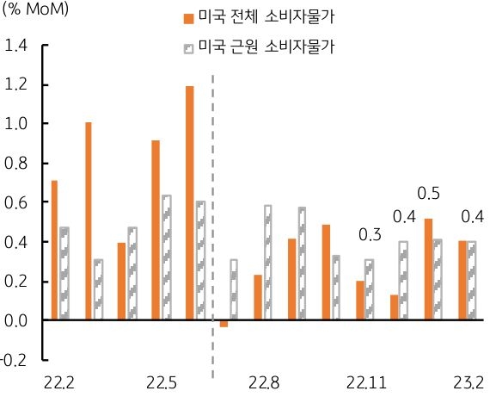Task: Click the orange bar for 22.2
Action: pos(54,250)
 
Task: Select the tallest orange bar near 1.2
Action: pos(189,203)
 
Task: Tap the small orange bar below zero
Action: pos(224,324)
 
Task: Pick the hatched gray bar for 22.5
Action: pos(167,257)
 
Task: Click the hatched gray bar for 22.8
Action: pos(267,263)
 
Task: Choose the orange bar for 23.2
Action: pos(462,281)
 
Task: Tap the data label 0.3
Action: pos(371,234)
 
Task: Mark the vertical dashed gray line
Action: pos(212,198)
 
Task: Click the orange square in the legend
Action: pos(187,18)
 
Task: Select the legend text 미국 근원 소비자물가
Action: pos(266,47)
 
